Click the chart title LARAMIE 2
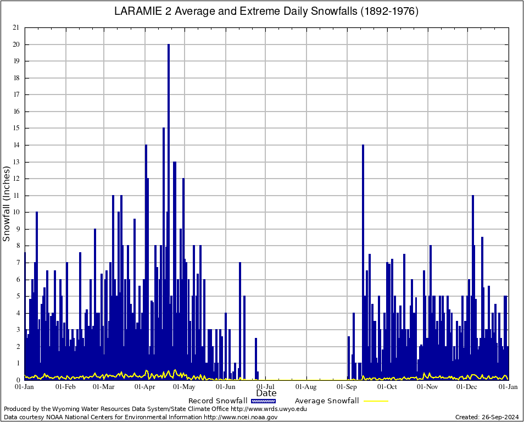(x=266, y=12)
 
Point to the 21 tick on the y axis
(x=16, y=27)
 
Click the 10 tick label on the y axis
(x=16, y=212)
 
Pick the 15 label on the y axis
(x=16, y=128)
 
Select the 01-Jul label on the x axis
(x=266, y=387)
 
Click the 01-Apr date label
(x=145, y=387)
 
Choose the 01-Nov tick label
(x=427, y=387)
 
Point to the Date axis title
(x=266, y=393)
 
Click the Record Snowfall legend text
(x=218, y=401)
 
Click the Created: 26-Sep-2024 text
(x=486, y=417)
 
